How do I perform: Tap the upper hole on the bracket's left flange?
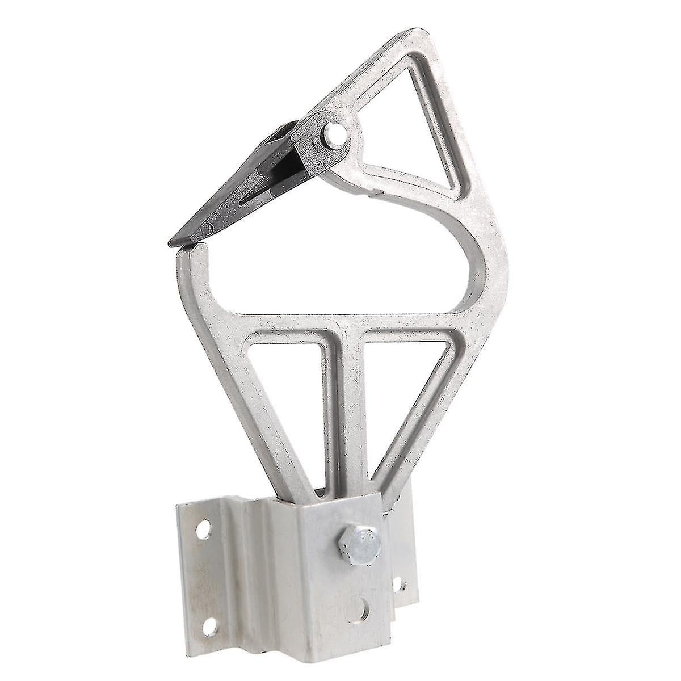(x=201, y=530)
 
